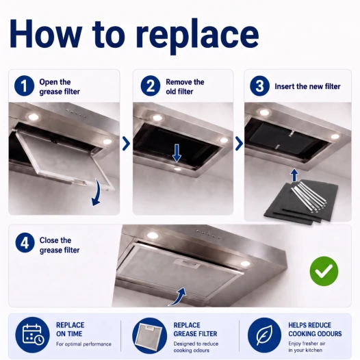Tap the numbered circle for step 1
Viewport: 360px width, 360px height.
pos(24,86)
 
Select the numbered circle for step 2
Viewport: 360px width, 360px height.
pos(151,86)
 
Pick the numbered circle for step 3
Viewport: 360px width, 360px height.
pos(259,86)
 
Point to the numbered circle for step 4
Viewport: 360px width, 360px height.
pos(25,243)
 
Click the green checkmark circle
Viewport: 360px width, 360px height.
pos(324,271)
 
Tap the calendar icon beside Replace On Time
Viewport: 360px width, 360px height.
pos(32,334)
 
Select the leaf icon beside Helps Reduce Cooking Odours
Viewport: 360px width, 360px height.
pos(264,335)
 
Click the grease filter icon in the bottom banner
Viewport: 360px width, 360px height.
pos(150,335)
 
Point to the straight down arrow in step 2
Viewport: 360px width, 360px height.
pos(177,153)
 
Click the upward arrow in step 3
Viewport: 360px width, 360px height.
pos(294,175)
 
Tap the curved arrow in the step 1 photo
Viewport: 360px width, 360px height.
pos(98,193)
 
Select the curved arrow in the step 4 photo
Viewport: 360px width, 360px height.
pos(178,297)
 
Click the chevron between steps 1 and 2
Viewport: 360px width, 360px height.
pos(126,144)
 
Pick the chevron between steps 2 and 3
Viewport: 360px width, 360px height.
pos(239,144)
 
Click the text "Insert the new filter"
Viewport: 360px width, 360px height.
pos(307,86)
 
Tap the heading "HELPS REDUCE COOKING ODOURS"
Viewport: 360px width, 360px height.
pos(315,329)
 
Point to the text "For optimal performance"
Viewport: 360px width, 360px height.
pos(83,344)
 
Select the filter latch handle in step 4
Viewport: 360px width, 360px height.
pos(188,263)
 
